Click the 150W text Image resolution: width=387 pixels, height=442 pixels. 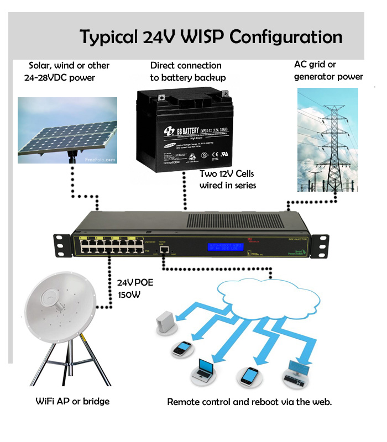point(128,294)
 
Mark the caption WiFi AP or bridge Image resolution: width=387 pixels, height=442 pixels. point(72,401)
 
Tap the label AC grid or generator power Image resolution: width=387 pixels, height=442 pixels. point(328,71)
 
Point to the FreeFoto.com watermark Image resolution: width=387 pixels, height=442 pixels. point(100,160)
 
